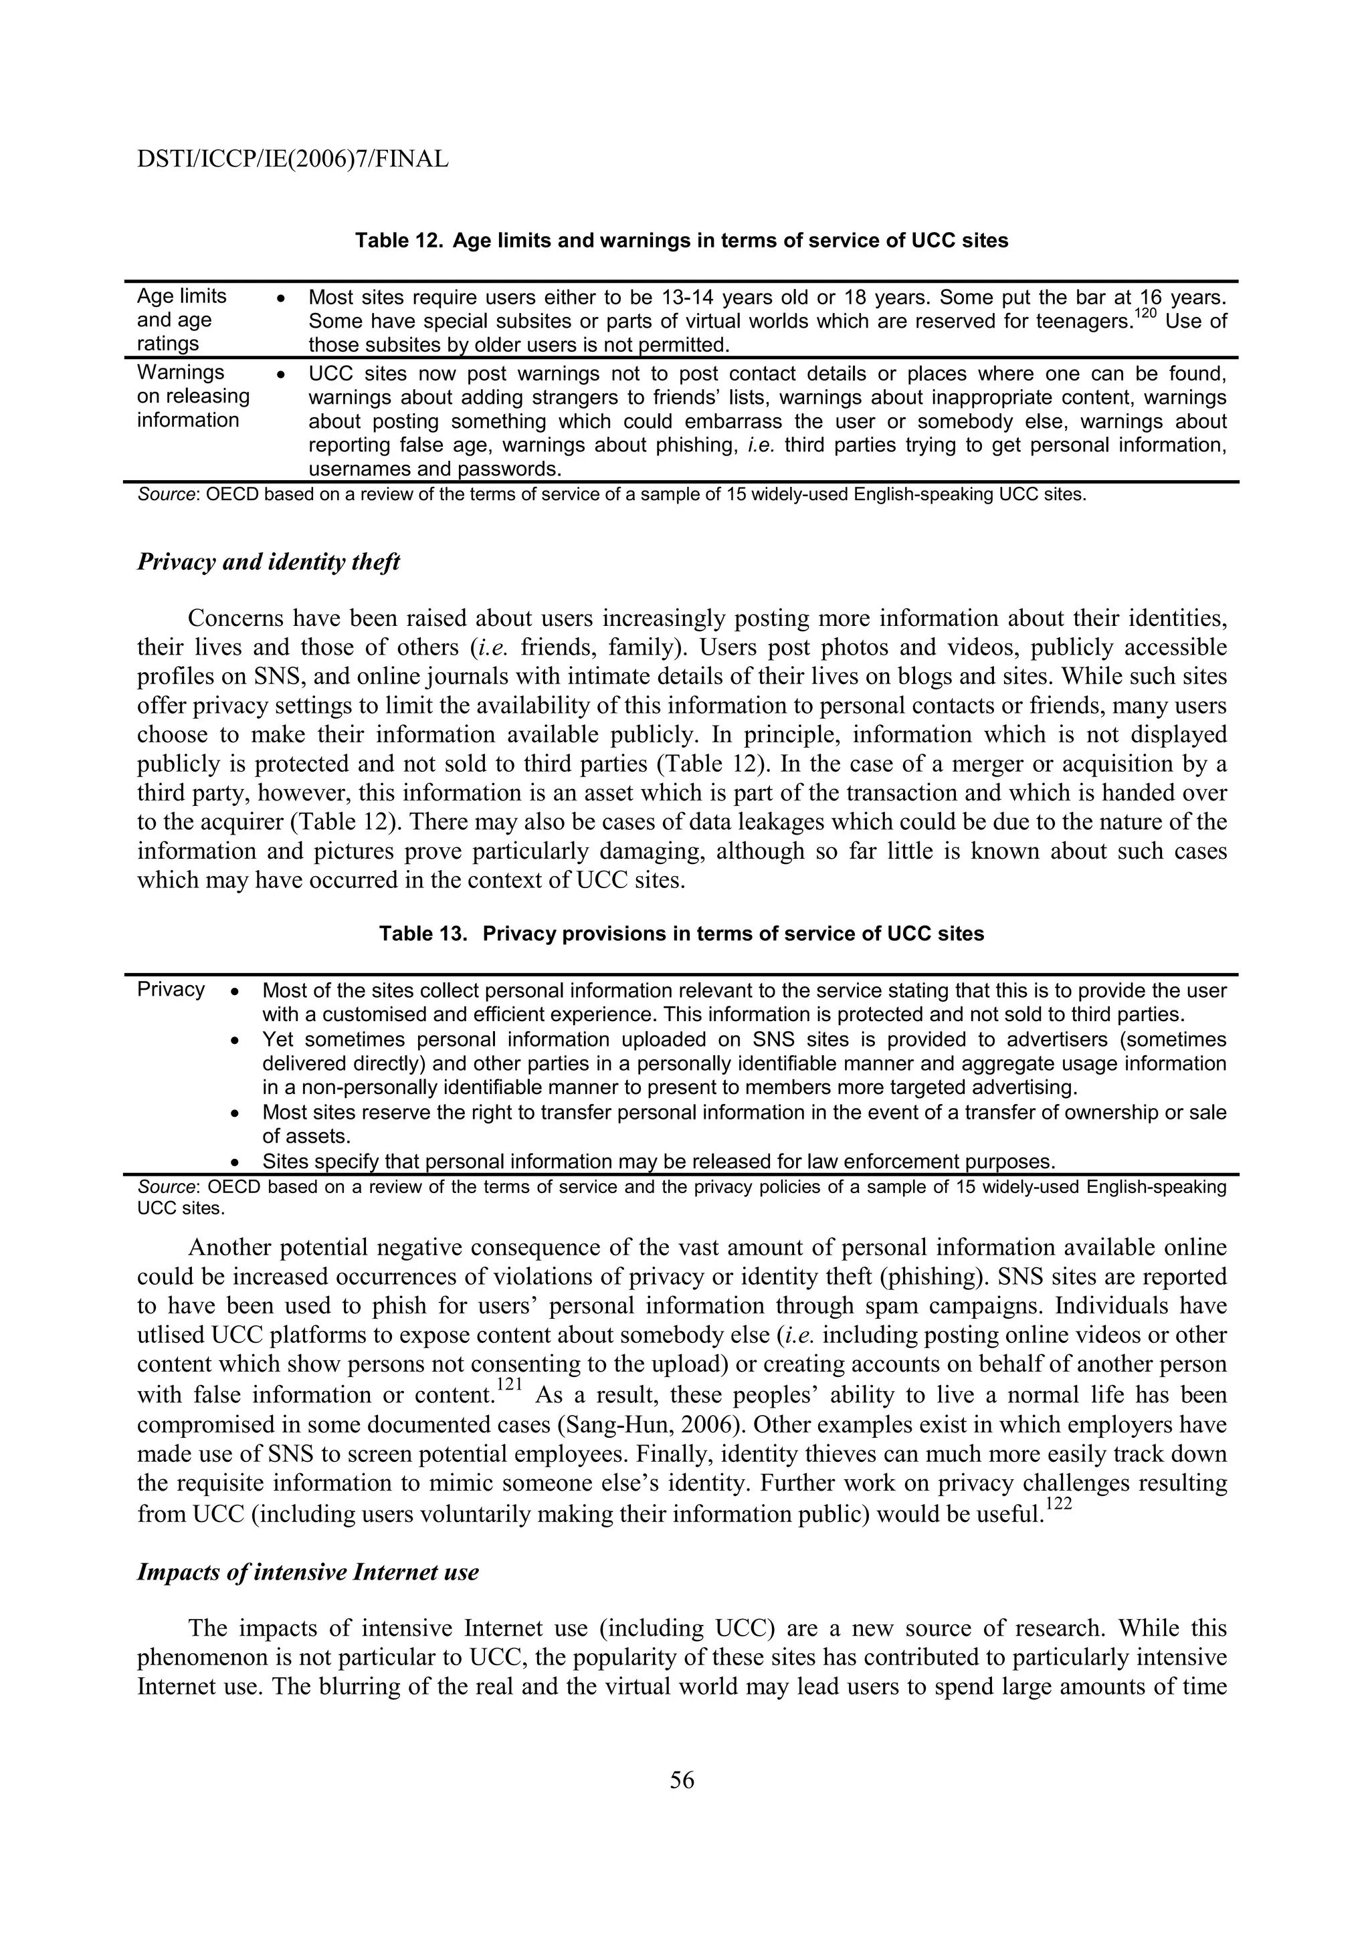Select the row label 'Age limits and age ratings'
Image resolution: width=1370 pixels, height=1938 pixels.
click(x=181, y=320)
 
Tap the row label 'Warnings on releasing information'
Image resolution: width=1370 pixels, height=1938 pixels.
click(x=193, y=397)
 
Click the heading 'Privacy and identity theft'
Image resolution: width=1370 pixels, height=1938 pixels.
click(x=268, y=562)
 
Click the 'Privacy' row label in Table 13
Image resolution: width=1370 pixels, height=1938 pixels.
click(x=171, y=989)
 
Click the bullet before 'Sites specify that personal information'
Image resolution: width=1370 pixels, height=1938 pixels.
click(x=236, y=1162)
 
